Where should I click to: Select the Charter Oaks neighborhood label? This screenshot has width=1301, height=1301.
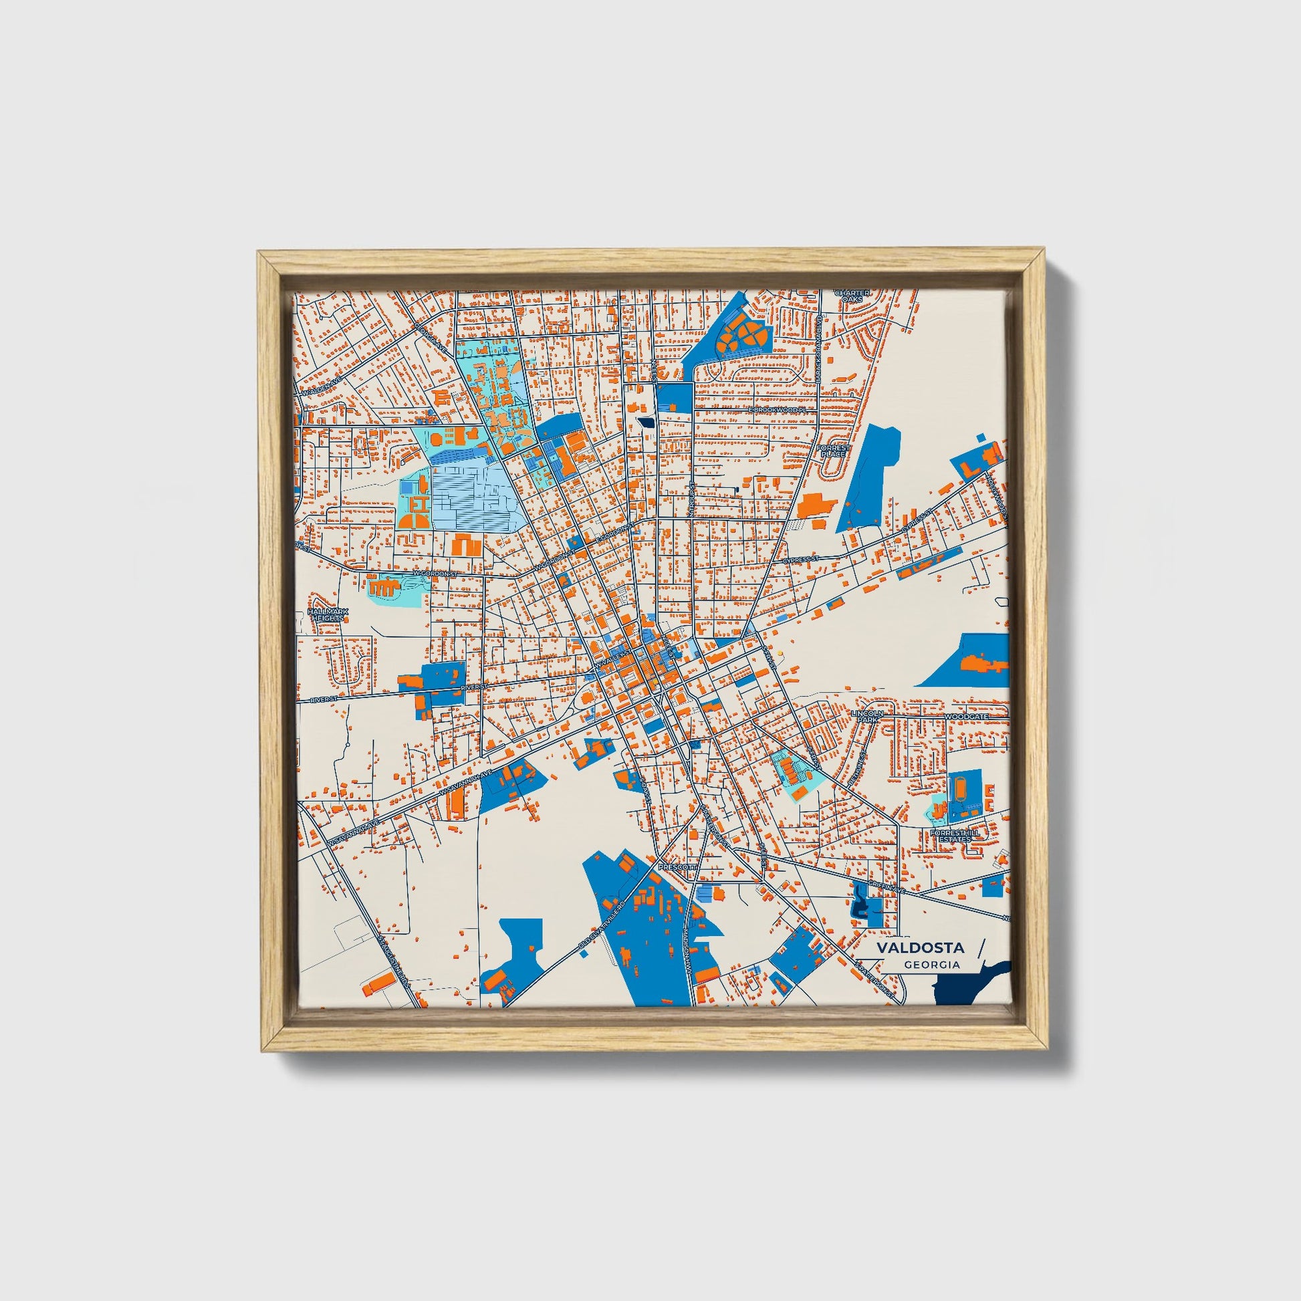pyautogui.click(x=852, y=295)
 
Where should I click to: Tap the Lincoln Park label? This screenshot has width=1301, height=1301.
pyautogui.click(x=865, y=716)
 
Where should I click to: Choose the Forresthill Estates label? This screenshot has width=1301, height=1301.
pyautogui.click(x=950, y=836)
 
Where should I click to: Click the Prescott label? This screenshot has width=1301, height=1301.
pyautogui.click(x=676, y=867)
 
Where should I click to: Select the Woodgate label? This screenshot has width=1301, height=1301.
pyautogui.click(x=965, y=717)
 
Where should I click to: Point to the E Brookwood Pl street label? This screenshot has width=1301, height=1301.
pyautogui.click(x=777, y=409)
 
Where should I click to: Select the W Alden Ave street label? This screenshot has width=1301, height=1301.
pyautogui.click(x=323, y=386)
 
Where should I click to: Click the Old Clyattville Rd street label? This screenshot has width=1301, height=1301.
pyautogui.click(x=603, y=927)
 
